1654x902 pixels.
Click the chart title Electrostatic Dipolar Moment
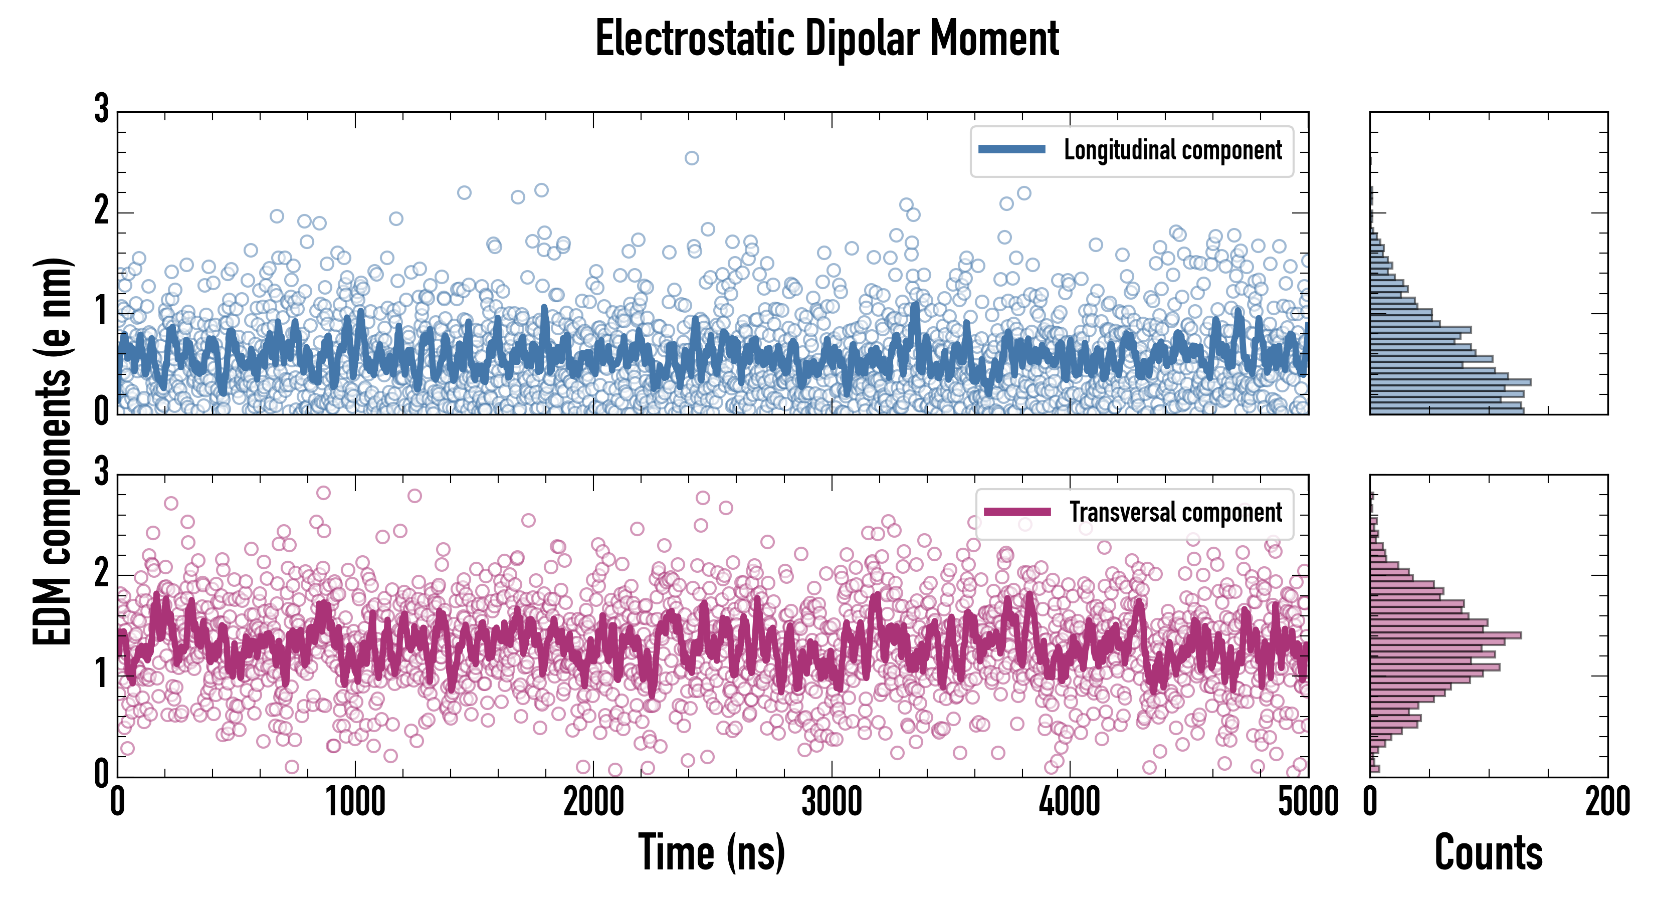pos(827,40)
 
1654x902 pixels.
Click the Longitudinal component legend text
pos(1172,150)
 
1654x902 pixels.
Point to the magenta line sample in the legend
pos(1017,512)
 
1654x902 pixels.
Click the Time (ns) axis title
pos(711,852)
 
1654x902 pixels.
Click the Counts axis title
pos(1488,852)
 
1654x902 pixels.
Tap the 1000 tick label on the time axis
pos(355,802)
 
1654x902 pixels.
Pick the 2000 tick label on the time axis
pos(593,802)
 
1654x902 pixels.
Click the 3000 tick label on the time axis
pos(832,802)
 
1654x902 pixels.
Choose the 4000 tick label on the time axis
pos(1070,802)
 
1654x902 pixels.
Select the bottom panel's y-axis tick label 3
pos(101,472)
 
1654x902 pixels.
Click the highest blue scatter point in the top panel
pos(692,158)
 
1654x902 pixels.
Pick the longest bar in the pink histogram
pos(1445,635)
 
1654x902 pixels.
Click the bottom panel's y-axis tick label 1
pos(101,674)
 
